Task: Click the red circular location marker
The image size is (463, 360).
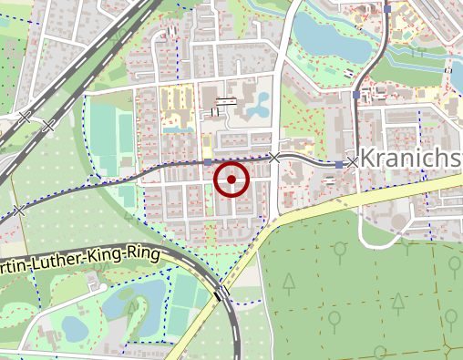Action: click(231, 180)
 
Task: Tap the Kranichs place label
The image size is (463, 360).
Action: click(410, 158)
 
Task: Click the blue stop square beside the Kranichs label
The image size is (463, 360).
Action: click(339, 164)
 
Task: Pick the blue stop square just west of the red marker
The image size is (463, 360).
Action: click(209, 161)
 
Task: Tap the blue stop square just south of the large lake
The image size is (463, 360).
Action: click(356, 94)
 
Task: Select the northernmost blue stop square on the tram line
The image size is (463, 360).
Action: click(387, 7)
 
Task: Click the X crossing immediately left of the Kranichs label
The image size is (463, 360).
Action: click(353, 161)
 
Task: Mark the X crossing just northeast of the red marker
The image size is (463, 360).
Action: click(275, 158)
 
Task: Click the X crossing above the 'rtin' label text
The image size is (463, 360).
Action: click(18, 211)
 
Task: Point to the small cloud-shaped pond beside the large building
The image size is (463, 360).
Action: click(256, 106)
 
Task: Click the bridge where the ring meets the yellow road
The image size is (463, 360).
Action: click(221, 292)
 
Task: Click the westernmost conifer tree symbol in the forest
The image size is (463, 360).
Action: click(288, 283)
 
